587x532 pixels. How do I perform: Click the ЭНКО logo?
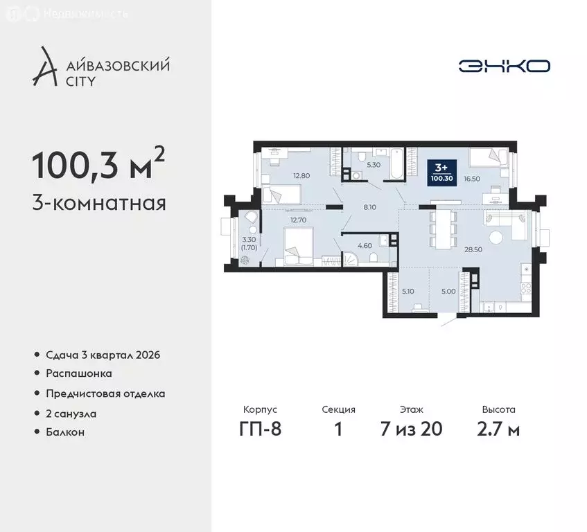click(x=504, y=66)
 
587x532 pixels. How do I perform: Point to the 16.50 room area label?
click(x=471, y=178)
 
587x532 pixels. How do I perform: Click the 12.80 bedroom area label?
click(x=299, y=175)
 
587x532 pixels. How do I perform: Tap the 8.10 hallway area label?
click(x=371, y=206)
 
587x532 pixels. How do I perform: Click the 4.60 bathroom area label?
click(x=364, y=245)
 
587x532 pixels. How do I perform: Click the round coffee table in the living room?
click(x=496, y=238)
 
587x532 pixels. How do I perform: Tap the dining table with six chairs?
click(x=442, y=228)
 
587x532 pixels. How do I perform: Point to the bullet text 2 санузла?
click(x=72, y=413)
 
